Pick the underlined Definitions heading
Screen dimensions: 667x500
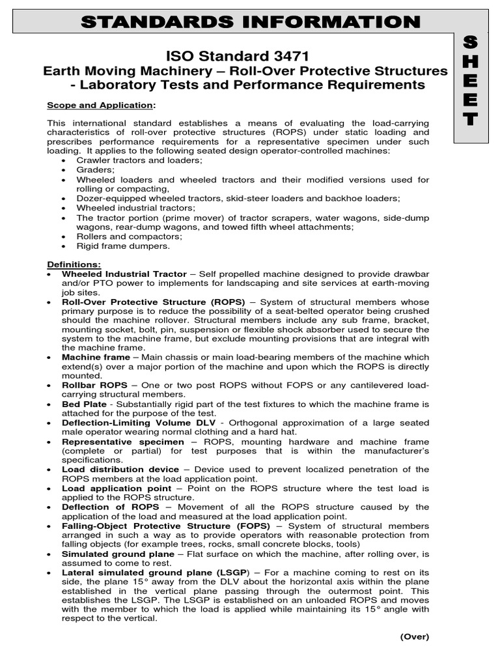(x=74, y=264)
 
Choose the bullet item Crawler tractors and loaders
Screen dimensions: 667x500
(x=130, y=160)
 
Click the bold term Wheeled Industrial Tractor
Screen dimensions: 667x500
(x=124, y=274)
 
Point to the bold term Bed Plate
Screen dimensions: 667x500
(x=84, y=404)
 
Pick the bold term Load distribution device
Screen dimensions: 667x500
(x=120, y=469)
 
